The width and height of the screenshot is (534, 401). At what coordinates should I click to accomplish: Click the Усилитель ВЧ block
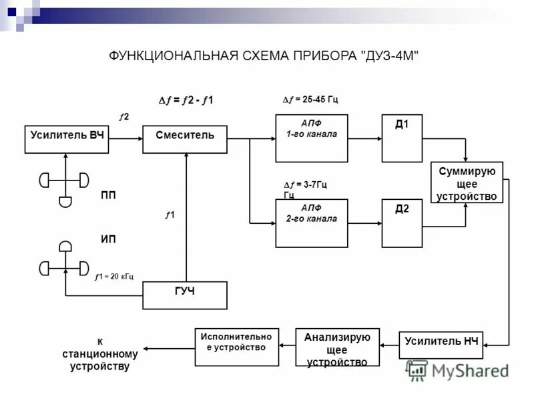point(67,139)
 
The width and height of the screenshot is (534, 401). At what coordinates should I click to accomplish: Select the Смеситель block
point(185,139)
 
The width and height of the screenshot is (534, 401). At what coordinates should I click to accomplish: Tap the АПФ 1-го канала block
point(312,138)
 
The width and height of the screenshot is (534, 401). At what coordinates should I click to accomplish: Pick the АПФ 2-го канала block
point(312,223)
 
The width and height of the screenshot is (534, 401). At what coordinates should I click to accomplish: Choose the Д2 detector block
point(402,223)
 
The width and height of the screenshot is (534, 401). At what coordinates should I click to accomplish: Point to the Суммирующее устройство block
point(467,182)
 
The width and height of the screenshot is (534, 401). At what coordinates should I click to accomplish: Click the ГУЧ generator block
point(185,295)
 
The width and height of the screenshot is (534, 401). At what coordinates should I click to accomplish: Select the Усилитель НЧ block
point(442,346)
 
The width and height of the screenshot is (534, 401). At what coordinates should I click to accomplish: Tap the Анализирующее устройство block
point(337,347)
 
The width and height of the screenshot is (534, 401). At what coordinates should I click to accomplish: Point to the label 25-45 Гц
point(311,100)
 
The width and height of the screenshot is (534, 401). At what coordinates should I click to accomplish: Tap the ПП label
point(108,196)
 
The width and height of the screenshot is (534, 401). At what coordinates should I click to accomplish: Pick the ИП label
point(108,239)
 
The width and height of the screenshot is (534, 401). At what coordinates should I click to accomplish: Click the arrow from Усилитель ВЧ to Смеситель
point(126,139)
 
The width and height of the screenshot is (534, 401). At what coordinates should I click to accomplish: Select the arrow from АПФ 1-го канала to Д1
point(364,138)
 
